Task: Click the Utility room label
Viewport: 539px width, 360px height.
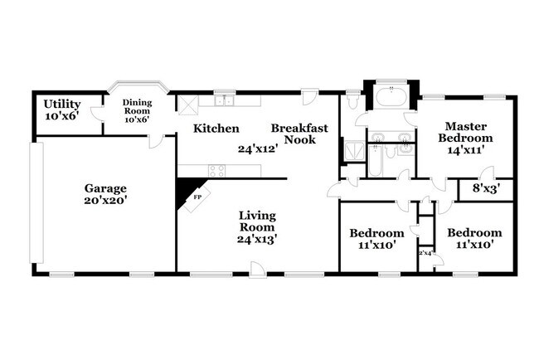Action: tap(61, 104)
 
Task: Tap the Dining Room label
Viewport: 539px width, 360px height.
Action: tap(138, 106)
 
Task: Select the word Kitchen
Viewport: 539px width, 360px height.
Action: tap(216, 129)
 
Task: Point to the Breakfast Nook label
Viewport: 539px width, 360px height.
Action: tap(299, 134)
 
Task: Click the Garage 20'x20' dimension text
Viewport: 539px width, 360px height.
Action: tap(104, 200)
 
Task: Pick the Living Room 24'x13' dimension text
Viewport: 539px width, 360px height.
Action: tap(257, 238)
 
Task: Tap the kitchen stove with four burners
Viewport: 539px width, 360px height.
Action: tap(217, 170)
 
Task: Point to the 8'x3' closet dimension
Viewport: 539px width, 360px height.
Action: tap(486, 188)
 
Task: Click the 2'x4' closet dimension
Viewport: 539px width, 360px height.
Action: tap(425, 252)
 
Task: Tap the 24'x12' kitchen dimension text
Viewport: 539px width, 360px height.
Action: tap(257, 149)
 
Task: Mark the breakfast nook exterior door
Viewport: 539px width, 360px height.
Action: tap(308, 97)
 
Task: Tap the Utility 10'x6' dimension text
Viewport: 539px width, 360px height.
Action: tap(61, 117)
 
